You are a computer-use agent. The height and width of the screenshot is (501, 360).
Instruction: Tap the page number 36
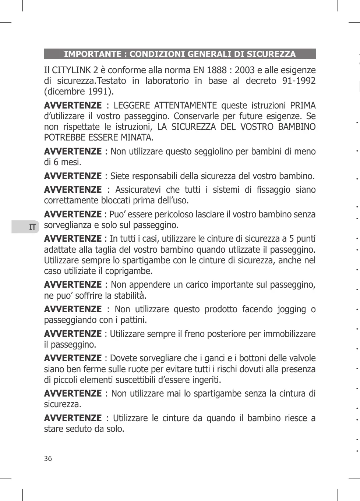[48, 458]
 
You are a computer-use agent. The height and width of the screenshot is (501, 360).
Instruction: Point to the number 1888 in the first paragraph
[216, 70]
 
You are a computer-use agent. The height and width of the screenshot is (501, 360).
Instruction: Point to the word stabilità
[131, 295]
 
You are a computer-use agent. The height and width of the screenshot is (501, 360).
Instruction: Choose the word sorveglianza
[66, 225]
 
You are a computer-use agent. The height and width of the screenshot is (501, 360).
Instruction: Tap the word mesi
[70, 162]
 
